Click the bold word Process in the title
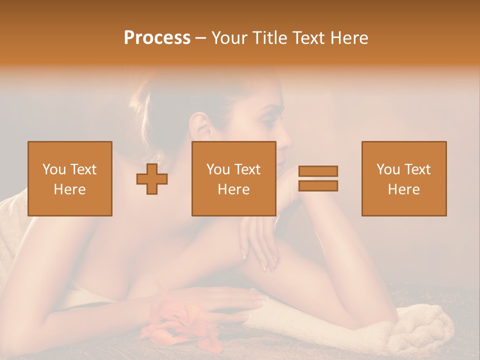(157, 38)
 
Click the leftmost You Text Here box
(70, 178)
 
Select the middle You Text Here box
(233, 178)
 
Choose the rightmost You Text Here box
(403, 178)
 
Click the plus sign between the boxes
(152, 179)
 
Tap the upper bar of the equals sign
(318, 171)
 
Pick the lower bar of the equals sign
(318, 185)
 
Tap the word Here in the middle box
(233, 189)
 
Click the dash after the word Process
(201, 38)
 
